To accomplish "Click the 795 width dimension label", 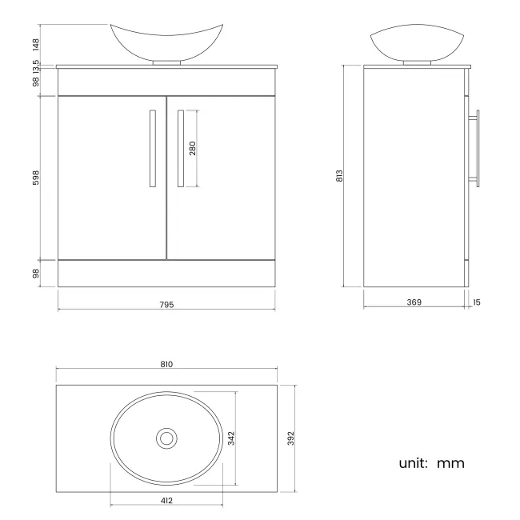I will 166,305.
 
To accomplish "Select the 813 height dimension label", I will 339,175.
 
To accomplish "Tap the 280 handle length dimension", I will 193,149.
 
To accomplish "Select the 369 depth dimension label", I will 414,302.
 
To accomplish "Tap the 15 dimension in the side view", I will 478,302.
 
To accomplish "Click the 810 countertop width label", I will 166,364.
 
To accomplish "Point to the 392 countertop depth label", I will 291,438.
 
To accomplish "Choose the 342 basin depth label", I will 231,438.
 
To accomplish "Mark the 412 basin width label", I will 166,500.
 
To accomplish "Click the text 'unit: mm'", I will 431,463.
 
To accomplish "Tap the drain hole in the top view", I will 166,438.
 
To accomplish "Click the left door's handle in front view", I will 152,149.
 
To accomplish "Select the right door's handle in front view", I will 181,149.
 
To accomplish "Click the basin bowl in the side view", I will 414,44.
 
